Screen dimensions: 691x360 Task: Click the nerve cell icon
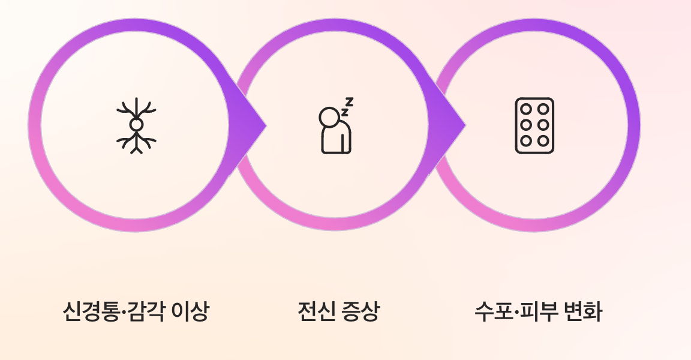(136, 125)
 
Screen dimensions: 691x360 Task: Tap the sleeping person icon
(335, 126)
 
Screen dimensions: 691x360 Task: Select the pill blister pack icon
(534, 125)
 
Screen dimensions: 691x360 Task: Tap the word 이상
(190, 312)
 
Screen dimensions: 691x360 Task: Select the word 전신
(316, 312)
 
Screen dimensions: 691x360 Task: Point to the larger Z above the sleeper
(349, 101)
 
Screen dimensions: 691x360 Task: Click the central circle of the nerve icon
(136, 124)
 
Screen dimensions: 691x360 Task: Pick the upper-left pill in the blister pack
(526, 109)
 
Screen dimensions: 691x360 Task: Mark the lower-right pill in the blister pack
(543, 140)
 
